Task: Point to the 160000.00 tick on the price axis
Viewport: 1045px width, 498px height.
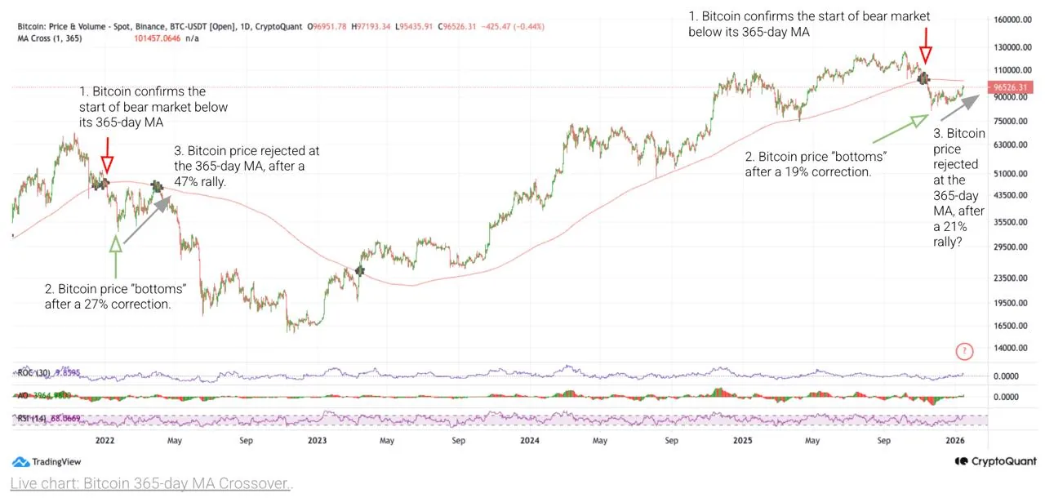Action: [1010, 19]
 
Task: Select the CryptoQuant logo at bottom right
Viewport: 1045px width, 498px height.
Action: [995, 461]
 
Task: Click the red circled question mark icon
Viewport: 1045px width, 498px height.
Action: [965, 352]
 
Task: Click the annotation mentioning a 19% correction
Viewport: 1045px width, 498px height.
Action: [815, 164]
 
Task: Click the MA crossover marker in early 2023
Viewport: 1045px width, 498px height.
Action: [360, 270]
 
